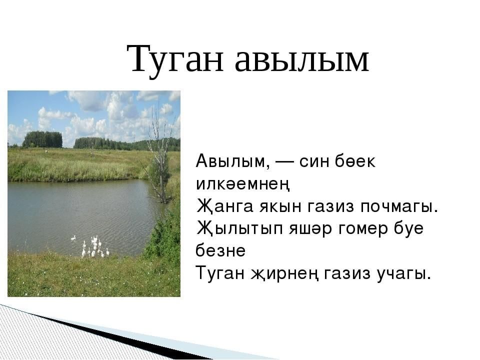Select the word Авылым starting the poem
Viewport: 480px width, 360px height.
tap(233, 161)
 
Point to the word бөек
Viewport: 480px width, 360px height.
tap(354, 161)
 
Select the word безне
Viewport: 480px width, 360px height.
tap(220, 250)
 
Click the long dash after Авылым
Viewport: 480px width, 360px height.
tap(284, 162)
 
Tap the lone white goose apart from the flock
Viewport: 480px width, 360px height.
tap(73, 238)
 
